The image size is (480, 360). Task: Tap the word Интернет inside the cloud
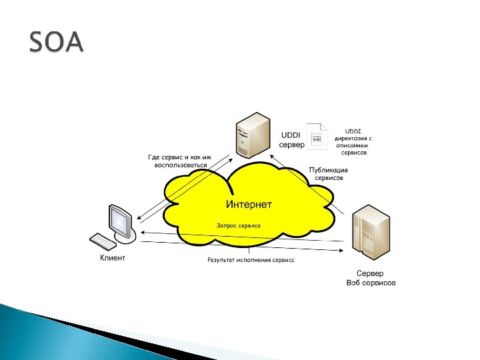click(x=249, y=204)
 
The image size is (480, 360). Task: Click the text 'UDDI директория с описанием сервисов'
click(x=353, y=141)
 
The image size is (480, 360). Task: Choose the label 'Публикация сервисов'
click(x=329, y=175)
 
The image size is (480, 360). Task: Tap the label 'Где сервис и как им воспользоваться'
click(x=179, y=161)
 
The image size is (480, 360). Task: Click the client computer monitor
click(x=121, y=219)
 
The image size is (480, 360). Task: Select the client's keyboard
click(x=104, y=241)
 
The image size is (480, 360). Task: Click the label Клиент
click(x=113, y=258)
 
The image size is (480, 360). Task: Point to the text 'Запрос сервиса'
click(x=238, y=225)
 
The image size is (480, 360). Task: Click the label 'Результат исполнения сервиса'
click(x=251, y=259)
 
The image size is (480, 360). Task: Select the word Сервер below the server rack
click(x=370, y=273)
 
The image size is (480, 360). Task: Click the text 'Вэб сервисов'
click(x=371, y=283)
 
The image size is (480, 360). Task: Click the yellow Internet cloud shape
click(x=200, y=200)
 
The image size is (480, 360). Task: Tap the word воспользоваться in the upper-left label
click(x=181, y=165)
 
